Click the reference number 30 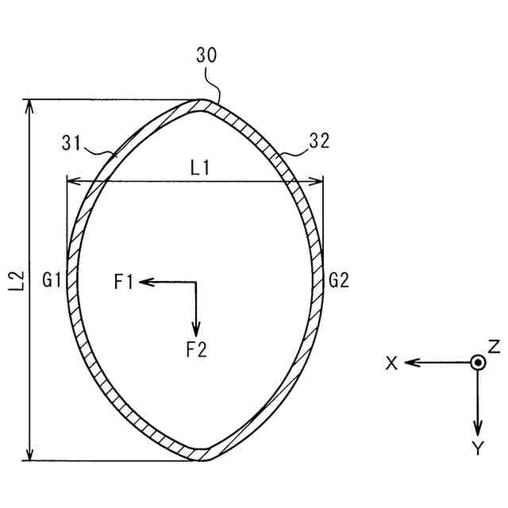point(206,55)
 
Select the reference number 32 point(318,141)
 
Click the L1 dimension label point(199,167)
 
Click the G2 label point(339,280)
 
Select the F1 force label point(124,281)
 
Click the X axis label point(391,363)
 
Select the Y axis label point(477,449)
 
